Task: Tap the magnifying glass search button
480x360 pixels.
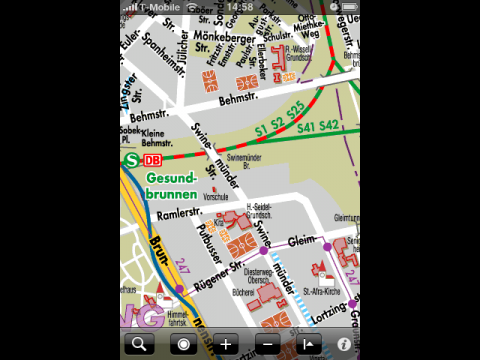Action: (x=141, y=344)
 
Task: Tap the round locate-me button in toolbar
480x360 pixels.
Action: (x=183, y=344)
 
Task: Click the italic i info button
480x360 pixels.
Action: (x=343, y=344)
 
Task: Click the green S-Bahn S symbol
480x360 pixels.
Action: (x=130, y=160)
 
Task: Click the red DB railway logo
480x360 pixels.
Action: (x=152, y=160)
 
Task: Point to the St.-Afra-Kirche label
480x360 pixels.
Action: (x=323, y=292)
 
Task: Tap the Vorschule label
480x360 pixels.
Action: (x=216, y=197)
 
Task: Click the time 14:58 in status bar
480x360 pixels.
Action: (x=240, y=6)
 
